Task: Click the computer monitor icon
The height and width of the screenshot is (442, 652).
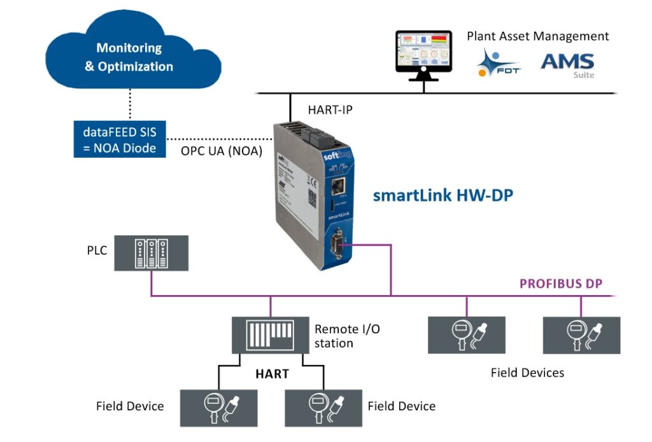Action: (x=423, y=55)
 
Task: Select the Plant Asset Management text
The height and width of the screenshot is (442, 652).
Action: (x=538, y=36)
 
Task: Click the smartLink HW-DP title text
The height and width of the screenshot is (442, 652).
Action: (x=443, y=195)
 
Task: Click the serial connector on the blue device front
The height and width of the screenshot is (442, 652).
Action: (x=336, y=243)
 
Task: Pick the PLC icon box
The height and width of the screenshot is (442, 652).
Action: (x=152, y=252)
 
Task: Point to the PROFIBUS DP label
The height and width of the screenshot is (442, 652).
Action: (x=561, y=283)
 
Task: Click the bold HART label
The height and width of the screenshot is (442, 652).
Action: (x=272, y=374)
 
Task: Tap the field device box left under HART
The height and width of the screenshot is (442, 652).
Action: (x=219, y=408)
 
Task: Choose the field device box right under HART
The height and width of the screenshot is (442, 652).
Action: (x=323, y=408)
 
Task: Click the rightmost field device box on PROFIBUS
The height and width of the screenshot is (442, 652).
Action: (x=581, y=335)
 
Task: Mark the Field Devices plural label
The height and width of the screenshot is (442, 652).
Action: (x=527, y=373)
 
